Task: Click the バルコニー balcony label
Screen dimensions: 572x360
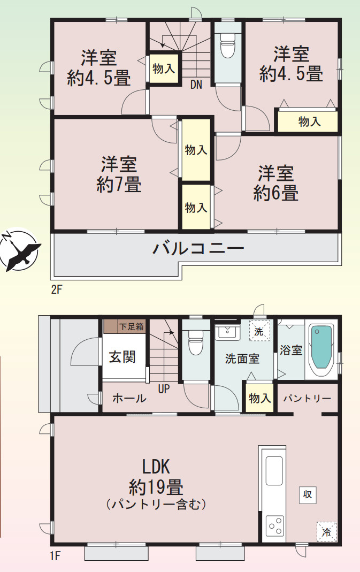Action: point(198,249)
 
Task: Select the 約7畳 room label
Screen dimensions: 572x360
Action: point(119,174)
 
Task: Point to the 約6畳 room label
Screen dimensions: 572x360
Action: point(276,183)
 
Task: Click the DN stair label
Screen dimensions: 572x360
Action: point(196,84)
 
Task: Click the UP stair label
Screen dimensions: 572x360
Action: point(164,390)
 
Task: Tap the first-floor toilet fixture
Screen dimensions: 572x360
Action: point(196,342)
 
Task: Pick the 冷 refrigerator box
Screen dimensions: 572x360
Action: point(326,532)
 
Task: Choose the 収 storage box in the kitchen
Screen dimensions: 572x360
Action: point(308,495)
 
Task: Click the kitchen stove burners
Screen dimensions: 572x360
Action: point(275,525)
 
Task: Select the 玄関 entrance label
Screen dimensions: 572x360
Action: point(122,357)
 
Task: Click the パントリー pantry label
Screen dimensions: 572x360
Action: point(307,399)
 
